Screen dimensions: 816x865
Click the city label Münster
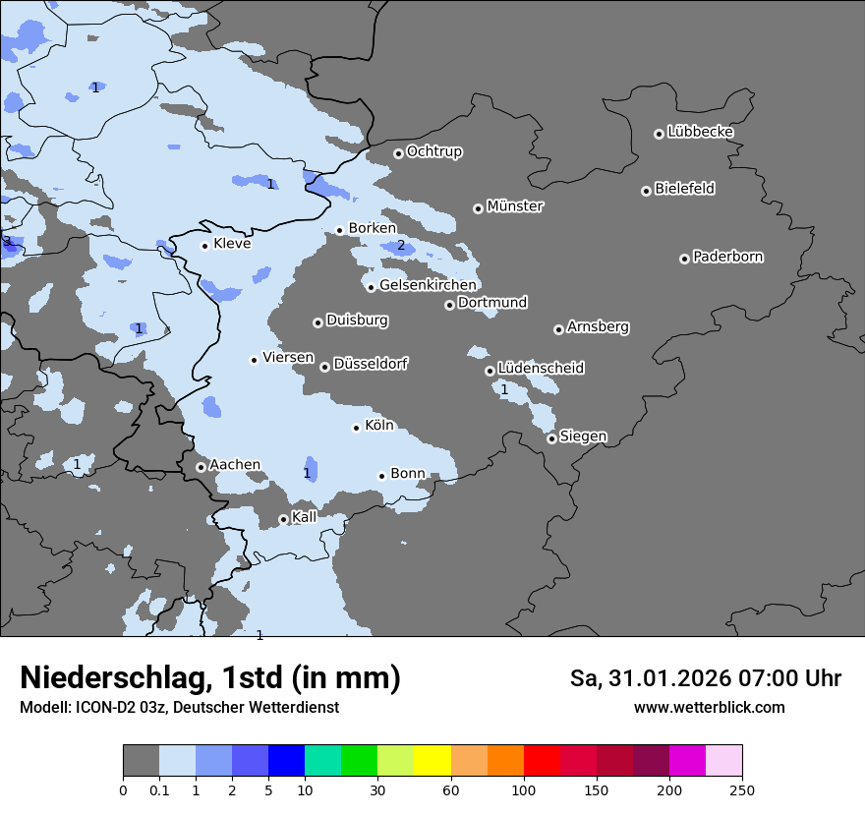(x=515, y=206)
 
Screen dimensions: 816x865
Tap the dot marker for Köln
(x=356, y=428)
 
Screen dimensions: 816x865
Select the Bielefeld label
(x=684, y=189)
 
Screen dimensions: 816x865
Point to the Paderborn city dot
(x=684, y=259)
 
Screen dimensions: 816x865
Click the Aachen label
(x=235, y=465)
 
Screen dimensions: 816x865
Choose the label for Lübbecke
(x=700, y=132)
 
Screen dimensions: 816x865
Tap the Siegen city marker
(x=552, y=438)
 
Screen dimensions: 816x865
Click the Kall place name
(x=304, y=517)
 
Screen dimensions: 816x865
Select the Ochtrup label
(x=434, y=151)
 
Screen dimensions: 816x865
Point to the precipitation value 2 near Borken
(x=401, y=246)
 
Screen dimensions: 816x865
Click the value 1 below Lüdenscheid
(x=504, y=390)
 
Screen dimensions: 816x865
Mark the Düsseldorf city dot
(x=324, y=367)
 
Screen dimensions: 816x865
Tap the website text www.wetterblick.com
(x=709, y=707)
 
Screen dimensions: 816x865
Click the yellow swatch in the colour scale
(x=432, y=761)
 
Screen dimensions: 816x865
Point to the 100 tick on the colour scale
(x=524, y=789)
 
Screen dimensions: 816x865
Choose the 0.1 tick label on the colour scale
(x=159, y=789)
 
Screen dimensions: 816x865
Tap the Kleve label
(x=232, y=244)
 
